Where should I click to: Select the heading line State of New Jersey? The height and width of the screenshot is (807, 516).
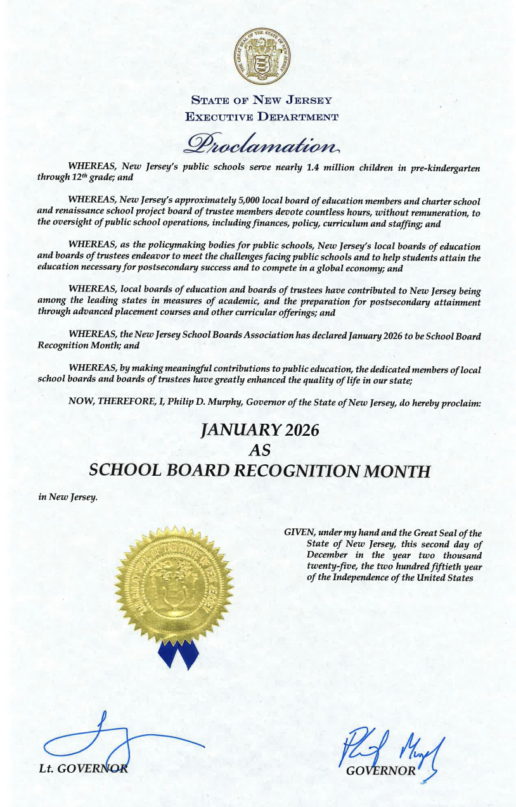(x=261, y=100)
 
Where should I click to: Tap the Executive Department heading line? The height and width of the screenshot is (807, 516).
(x=261, y=117)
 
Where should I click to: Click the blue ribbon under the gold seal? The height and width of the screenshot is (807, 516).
(x=178, y=653)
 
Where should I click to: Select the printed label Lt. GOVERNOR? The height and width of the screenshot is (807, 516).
(x=82, y=769)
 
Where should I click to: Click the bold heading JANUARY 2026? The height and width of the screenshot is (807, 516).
(x=259, y=431)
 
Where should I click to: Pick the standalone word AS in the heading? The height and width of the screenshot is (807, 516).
(x=261, y=450)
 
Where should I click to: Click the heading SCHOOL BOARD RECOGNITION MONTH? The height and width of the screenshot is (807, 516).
(x=260, y=471)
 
